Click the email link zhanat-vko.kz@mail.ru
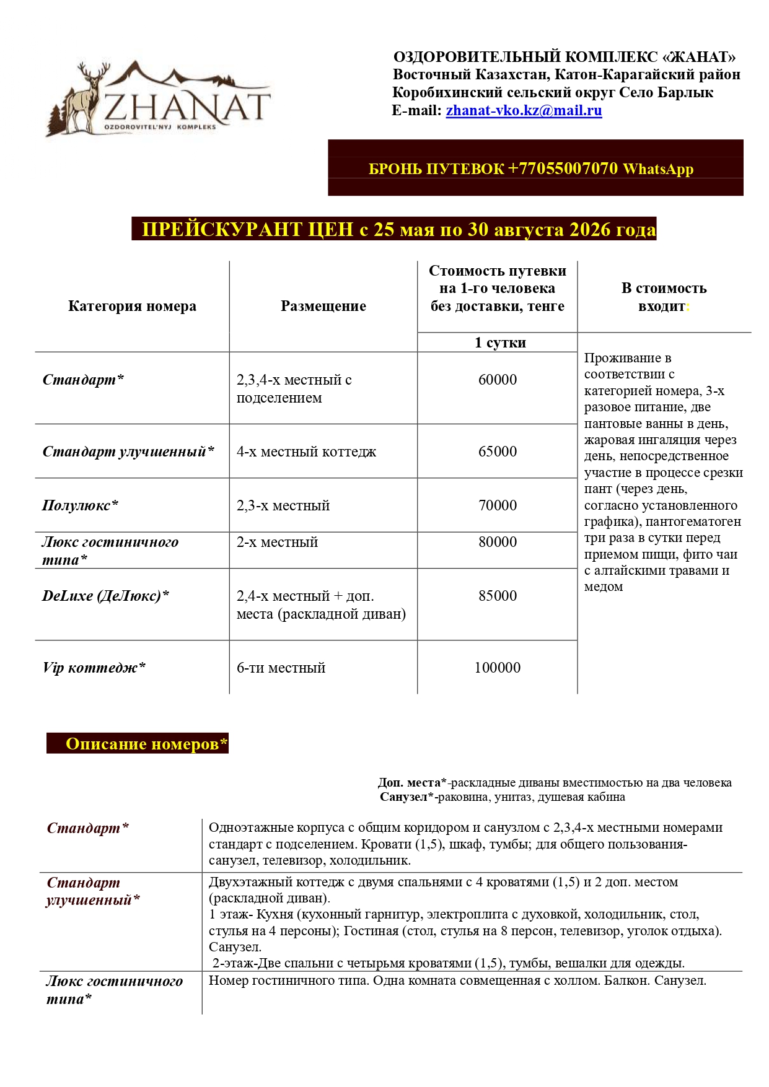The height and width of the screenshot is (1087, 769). tap(524, 111)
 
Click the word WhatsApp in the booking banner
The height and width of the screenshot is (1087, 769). tap(657, 169)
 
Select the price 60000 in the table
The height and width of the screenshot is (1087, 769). tap(497, 380)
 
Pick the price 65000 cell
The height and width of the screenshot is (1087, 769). tap(497, 452)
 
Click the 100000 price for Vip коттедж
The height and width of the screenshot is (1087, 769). tap(497, 668)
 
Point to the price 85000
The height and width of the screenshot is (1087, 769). tap(497, 596)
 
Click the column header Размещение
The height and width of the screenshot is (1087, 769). tap(323, 306)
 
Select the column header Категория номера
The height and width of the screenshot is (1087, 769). tap(132, 306)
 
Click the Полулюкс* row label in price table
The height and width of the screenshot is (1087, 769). tap(80, 505)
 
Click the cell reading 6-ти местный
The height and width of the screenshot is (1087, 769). tap(281, 668)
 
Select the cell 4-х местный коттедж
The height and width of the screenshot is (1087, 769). tap(306, 452)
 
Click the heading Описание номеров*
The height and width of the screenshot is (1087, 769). tap(146, 744)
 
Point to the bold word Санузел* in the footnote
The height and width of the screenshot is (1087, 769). tap(406, 797)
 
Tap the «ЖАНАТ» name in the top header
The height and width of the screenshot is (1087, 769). tap(699, 58)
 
